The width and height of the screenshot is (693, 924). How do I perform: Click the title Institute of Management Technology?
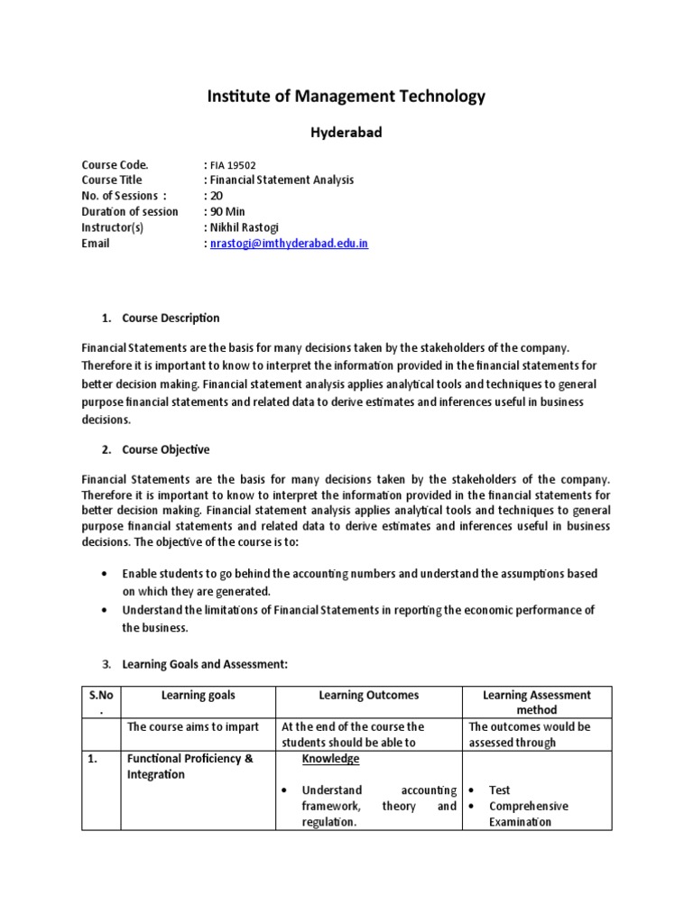coord(346,96)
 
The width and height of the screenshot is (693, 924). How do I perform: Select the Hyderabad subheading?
coord(346,133)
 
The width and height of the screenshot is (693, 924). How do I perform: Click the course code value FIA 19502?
coord(233,165)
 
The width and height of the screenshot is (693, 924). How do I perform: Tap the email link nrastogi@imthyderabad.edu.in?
coord(289,244)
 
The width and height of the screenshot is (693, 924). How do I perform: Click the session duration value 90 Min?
coord(228,212)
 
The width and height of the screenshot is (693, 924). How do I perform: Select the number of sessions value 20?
coord(216,196)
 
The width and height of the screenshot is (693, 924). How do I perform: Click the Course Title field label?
coord(112,180)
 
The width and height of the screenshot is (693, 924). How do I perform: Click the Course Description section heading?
coord(171,318)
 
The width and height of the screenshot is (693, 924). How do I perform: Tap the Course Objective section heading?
coord(166,449)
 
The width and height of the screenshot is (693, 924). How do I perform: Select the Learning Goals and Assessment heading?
coord(205,664)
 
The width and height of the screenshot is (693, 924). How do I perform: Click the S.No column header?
coord(101,702)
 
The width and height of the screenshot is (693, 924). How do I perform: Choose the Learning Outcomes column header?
coord(368,695)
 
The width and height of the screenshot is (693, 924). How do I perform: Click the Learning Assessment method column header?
coord(537,702)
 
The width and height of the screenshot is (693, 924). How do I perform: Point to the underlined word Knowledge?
coord(330,759)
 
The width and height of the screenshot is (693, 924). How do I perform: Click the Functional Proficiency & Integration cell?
coord(189,766)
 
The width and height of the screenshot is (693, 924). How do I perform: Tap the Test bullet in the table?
coord(499,790)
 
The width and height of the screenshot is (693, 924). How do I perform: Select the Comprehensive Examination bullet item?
coord(528,814)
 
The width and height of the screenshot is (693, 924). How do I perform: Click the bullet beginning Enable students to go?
coord(359,582)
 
